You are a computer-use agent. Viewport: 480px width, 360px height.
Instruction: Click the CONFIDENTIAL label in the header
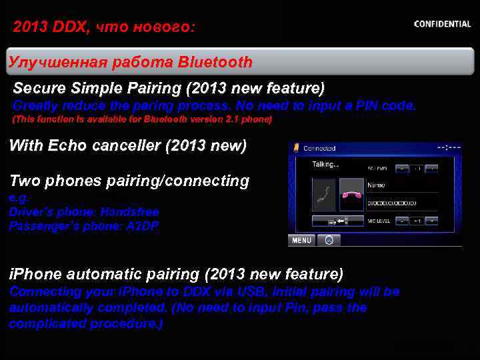tap(442, 24)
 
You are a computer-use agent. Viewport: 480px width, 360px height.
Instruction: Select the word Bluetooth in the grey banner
tap(215, 63)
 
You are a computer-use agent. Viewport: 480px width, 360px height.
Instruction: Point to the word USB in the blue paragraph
tap(233, 292)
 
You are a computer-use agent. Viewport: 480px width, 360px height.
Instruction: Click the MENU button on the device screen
tap(301, 240)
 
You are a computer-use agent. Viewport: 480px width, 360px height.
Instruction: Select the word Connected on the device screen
tap(319, 148)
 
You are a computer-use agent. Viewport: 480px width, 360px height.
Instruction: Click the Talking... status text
tap(325, 165)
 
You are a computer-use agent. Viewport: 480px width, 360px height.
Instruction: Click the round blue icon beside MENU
tap(329, 240)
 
